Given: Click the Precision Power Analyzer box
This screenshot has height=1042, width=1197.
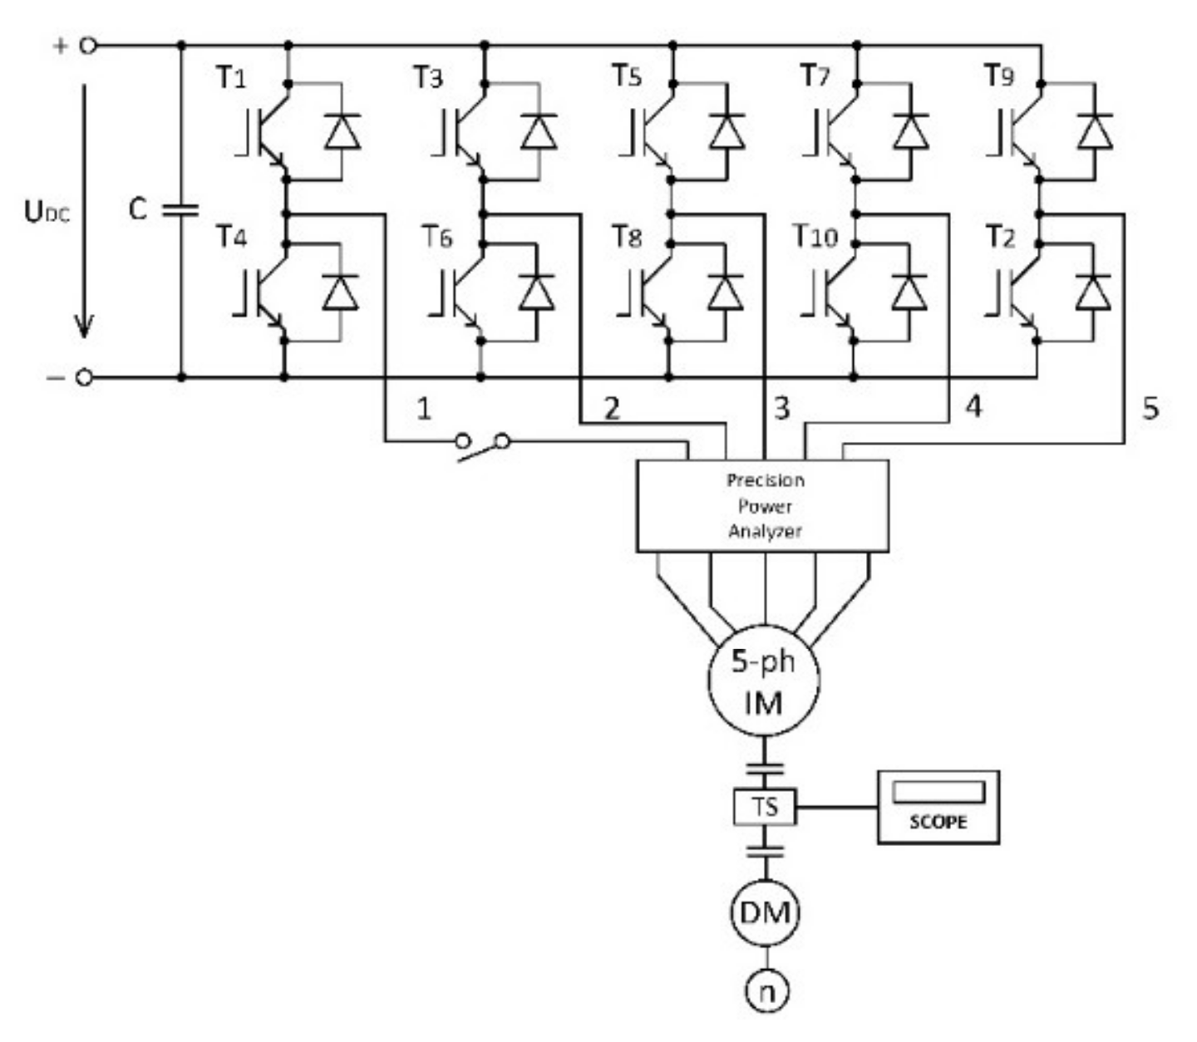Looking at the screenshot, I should coord(762,505).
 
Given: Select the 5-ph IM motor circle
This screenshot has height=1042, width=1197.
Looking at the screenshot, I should coord(763,681).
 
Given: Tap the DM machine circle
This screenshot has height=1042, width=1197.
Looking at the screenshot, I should coord(765,913).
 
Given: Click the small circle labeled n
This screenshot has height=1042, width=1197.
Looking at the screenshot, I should coord(766,991).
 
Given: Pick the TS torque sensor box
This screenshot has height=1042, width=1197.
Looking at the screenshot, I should coord(765,806).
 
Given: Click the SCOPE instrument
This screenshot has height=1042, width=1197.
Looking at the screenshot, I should coord(938,807).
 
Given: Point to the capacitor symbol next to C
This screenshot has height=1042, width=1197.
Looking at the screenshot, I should coord(180,209).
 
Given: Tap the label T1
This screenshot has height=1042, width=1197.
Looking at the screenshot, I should coord(231,78).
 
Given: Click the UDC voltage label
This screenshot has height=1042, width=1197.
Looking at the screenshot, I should coord(47,213).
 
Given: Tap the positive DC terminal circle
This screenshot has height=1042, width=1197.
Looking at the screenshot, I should coord(87,46).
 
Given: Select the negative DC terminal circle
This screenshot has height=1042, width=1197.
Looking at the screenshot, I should coord(84,378).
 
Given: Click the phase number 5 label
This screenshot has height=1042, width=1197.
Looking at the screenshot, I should coord(1150,408).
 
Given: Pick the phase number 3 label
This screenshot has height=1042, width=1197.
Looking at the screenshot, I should coord(781,408).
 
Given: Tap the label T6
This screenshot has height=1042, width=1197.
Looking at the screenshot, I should coord(436,238).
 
